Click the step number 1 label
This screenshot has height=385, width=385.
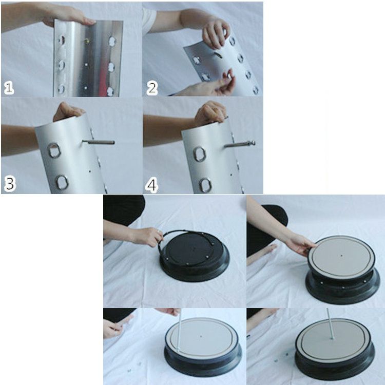[9, 88]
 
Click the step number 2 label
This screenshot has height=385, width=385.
[152, 88]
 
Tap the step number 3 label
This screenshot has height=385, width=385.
[10, 184]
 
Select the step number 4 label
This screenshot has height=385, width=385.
[151, 185]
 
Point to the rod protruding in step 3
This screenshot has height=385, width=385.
[99, 142]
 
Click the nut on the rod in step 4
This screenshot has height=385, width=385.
[252, 143]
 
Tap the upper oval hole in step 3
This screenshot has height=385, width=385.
[54, 150]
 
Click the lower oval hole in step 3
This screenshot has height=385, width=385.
[62, 182]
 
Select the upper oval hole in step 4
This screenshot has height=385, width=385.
[199, 154]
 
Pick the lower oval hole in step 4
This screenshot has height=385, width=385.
[205, 185]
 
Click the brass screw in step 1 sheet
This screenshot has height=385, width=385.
[86, 41]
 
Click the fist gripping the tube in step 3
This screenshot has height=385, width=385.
[68, 111]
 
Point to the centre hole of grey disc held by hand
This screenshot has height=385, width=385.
[341, 256]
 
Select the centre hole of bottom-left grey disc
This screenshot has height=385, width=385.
[201, 336]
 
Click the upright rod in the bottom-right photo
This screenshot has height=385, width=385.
[330, 323]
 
